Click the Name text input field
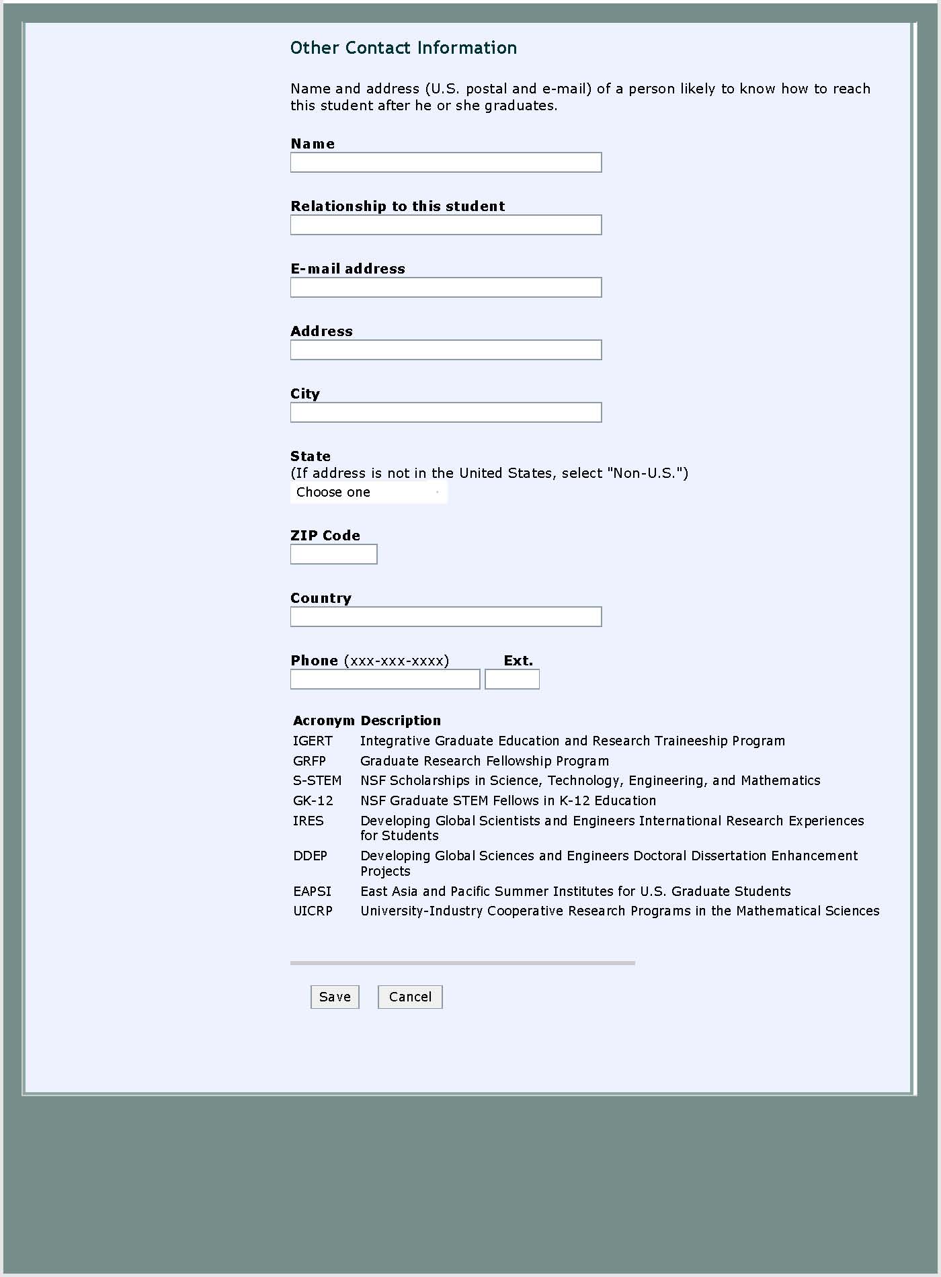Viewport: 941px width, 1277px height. [446, 163]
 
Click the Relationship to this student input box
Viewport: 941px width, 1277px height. [446, 225]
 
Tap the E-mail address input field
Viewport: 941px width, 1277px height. [446, 288]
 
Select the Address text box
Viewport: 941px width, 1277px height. [446, 350]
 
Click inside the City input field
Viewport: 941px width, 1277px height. [446, 413]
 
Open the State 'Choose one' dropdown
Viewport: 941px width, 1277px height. [368, 493]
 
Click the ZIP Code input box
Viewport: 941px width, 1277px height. [333, 554]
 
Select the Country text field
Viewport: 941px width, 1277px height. [446, 617]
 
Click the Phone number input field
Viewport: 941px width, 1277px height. [385, 679]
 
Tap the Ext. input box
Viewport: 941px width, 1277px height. [512, 679]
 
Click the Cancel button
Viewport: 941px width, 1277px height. [410, 997]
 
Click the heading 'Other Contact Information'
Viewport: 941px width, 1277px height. [403, 48]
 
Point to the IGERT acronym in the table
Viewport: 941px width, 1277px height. [313, 741]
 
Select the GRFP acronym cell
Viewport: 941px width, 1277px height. [309, 761]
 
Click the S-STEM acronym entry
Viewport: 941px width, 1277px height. [317, 780]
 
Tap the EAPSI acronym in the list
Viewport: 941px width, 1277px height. [312, 891]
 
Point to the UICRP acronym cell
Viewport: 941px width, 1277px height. [313, 911]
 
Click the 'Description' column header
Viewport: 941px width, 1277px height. [401, 720]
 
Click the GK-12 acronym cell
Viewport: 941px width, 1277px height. [313, 800]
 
